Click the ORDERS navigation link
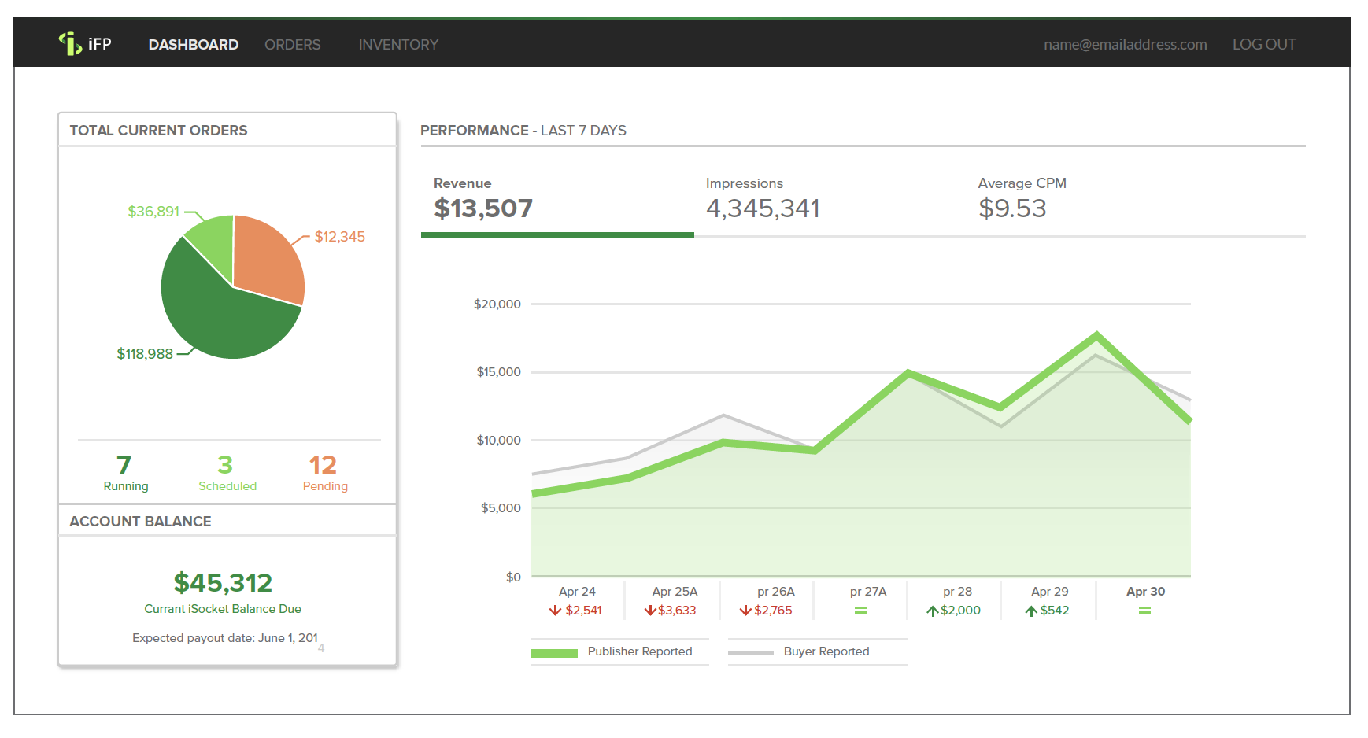(x=292, y=45)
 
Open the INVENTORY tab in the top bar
(x=398, y=45)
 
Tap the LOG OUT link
(x=1263, y=45)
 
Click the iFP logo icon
(x=71, y=44)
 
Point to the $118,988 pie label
(x=145, y=354)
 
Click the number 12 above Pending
(x=323, y=465)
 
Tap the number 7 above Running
(x=124, y=465)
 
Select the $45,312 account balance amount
(x=223, y=583)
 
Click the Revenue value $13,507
(x=483, y=208)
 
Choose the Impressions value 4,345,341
(x=763, y=208)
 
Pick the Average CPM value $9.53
(x=1012, y=208)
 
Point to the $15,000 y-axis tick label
(x=498, y=372)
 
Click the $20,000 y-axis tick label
(x=497, y=304)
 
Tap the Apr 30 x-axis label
(x=1145, y=592)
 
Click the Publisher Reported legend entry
(x=639, y=651)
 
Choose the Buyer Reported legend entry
(x=826, y=651)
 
